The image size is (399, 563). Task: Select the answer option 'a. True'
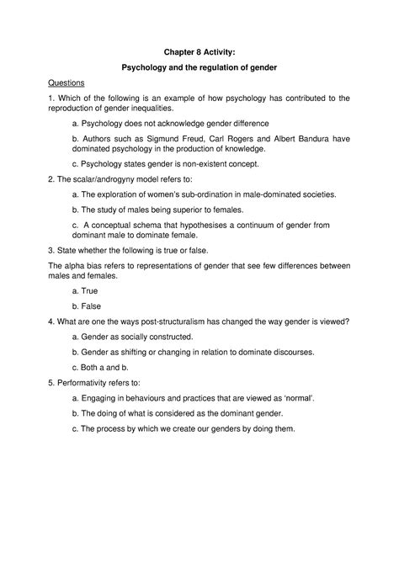click(85, 290)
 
